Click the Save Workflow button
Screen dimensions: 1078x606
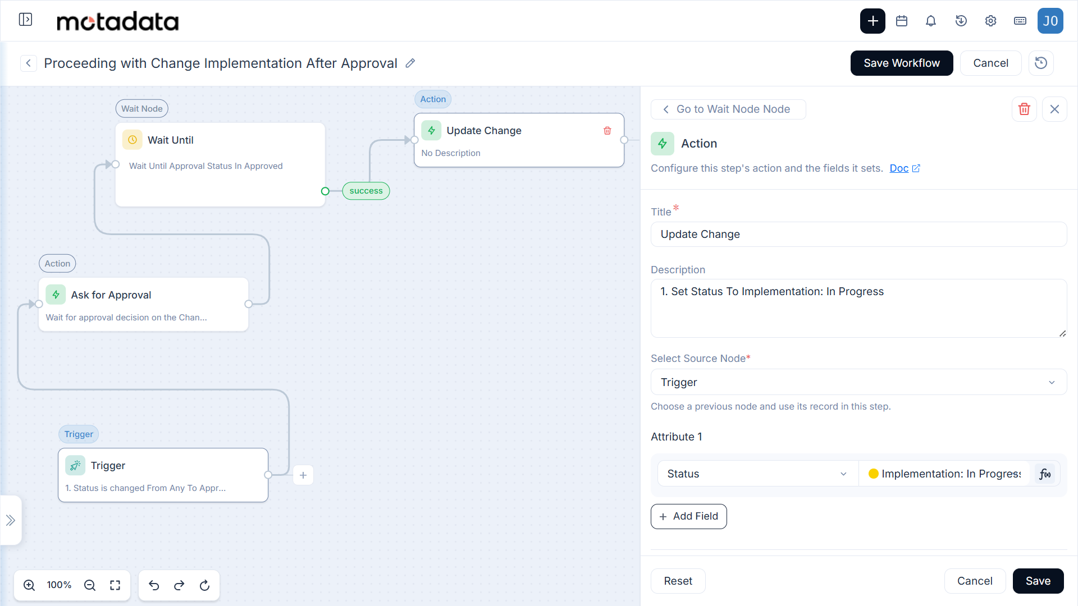coord(901,63)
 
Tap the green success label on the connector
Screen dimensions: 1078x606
coord(366,191)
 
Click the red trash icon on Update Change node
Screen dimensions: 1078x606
coord(607,131)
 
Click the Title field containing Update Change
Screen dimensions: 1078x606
coord(858,234)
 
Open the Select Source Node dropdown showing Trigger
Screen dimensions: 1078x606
coord(858,382)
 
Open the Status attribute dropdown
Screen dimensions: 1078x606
coord(757,474)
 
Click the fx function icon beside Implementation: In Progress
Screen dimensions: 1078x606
coord(1045,474)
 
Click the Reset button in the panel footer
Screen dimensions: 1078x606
coord(678,581)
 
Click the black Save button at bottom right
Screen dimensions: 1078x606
coord(1038,581)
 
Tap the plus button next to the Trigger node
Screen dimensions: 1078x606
coord(303,475)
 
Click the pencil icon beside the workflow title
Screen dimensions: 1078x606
coord(410,63)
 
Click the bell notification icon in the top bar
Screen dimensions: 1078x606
coord(931,21)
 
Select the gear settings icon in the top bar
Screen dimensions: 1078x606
coord(990,21)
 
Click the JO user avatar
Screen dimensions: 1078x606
coord(1050,21)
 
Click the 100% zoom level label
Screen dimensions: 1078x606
coord(59,585)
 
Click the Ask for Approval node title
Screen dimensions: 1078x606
coord(111,295)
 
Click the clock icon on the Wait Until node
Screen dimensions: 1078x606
coord(133,140)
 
